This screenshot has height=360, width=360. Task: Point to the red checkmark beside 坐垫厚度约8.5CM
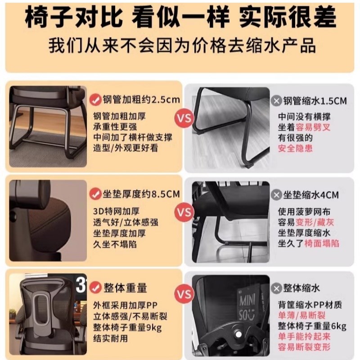tap(95, 194)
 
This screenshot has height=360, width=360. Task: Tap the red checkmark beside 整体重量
tap(95, 287)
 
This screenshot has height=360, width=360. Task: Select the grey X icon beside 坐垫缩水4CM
tap(275, 195)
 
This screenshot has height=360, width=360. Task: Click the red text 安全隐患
tap(295, 148)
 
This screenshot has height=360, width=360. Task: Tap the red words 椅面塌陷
tap(321, 243)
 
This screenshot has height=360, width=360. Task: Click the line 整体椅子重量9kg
tap(127, 326)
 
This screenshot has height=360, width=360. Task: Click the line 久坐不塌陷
tap(115, 244)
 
